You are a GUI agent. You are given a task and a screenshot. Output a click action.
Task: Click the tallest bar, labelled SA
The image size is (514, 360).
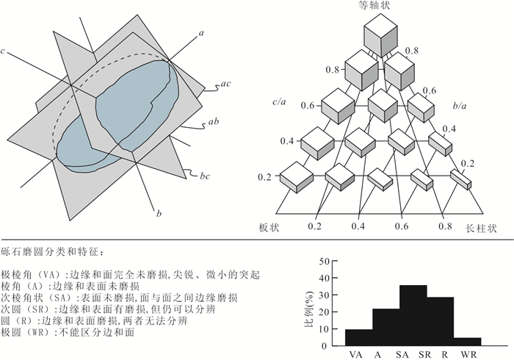click(x=413, y=315)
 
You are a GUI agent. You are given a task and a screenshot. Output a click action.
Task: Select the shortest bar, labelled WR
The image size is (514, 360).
click(x=468, y=342)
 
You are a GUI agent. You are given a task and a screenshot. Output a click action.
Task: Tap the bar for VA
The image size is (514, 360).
click(x=359, y=338)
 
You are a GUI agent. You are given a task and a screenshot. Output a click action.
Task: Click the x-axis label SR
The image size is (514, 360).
click(x=424, y=354)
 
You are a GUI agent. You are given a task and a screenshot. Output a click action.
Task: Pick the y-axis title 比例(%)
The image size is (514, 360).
click(x=309, y=309)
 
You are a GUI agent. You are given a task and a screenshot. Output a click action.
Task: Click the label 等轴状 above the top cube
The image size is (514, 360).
click(x=374, y=6)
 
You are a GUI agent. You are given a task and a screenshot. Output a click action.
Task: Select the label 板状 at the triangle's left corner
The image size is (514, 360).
click(x=269, y=228)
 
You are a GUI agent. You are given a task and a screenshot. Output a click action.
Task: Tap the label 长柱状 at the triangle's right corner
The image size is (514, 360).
click(x=481, y=228)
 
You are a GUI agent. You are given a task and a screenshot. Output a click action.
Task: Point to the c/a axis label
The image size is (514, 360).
click(x=279, y=102)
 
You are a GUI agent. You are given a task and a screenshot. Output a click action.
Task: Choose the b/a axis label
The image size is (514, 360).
click(x=460, y=106)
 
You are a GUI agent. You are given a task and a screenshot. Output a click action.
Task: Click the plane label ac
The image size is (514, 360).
click(x=225, y=84)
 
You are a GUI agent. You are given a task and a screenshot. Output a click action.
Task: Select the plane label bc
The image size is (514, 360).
click(x=205, y=176)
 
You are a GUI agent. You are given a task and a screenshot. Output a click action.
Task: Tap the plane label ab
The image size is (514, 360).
click(x=214, y=122)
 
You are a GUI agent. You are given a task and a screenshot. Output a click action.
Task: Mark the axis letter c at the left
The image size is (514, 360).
click(x=3, y=51)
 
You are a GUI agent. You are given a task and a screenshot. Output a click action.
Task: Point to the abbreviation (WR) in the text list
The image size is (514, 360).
click(x=37, y=333)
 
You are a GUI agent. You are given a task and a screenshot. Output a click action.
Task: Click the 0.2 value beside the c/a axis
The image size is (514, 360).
click(x=264, y=177)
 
